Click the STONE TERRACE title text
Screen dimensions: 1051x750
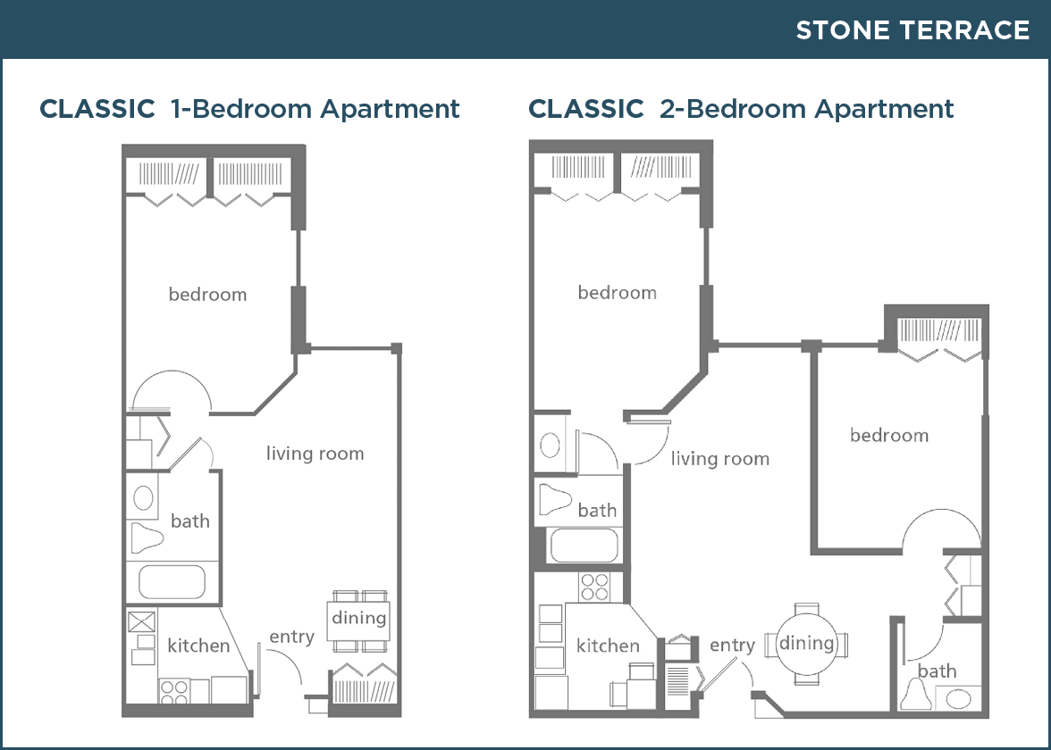pos(912,30)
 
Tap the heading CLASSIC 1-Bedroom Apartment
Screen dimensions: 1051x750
pos(249,109)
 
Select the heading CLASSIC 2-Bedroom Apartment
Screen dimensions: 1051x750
pos(741,109)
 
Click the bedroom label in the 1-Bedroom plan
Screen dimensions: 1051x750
pos(207,294)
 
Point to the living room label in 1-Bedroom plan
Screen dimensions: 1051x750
pos(315,454)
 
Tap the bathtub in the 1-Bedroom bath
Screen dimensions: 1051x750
pos(172,582)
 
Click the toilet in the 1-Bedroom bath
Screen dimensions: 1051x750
pos(147,537)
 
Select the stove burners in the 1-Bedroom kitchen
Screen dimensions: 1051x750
pos(174,692)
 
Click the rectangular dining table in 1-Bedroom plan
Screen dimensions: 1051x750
pos(358,621)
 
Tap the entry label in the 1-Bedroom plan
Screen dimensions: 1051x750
pos(291,636)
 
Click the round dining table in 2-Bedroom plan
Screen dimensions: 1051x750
pos(806,644)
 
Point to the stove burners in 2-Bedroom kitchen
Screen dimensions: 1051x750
pos(594,587)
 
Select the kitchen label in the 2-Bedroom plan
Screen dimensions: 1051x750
pos(608,646)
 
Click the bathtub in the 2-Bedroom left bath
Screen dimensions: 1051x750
pos(584,545)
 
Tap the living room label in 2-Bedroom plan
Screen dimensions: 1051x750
pos(720,459)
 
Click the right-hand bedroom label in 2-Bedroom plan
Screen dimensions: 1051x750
pos(889,436)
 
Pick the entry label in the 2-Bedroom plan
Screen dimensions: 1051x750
pos(732,645)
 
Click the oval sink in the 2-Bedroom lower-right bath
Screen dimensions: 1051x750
pos(957,700)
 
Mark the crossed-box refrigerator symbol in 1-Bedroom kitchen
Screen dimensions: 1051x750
pos(141,621)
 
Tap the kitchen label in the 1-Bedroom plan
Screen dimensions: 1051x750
pos(198,646)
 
